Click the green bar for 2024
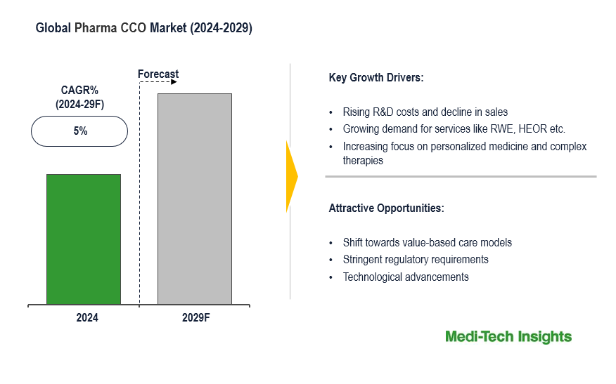click(x=84, y=239)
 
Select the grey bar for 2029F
click(x=195, y=199)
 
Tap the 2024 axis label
click(x=87, y=317)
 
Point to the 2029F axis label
click(x=196, y=317)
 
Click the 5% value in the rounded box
click(x=79, y=131)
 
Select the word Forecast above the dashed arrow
click(x=158, y=74)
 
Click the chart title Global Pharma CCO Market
click(x=144, y=29)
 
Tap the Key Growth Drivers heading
click(x=376, y=77)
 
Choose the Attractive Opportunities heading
click(x=386, y=208)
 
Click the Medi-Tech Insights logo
click(x=508, y=337)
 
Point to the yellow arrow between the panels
click(x=292, y=177)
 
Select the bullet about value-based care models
click(x=427, y=242)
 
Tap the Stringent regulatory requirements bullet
click(x=416, y=260)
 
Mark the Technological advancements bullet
click(x=406, y=277)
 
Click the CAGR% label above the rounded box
click(x=79, y=90)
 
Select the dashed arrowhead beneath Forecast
click(x=174, y=82)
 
